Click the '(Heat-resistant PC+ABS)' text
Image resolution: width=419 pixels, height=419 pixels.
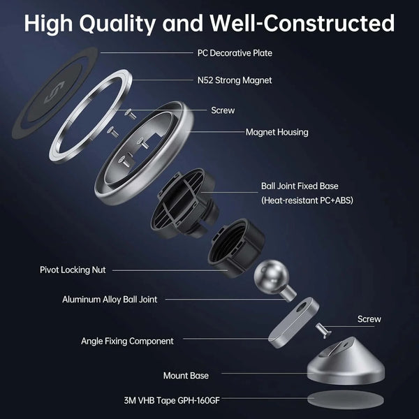pyautogui.click(x=307, y=200)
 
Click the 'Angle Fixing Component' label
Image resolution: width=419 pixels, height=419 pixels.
pyautogui.click(x=127, y=341)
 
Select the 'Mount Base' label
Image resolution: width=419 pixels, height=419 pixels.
pyautogui.click(x=186, y=376)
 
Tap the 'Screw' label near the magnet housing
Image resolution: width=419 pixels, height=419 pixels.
pyautogui.click(x=223, y=110)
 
